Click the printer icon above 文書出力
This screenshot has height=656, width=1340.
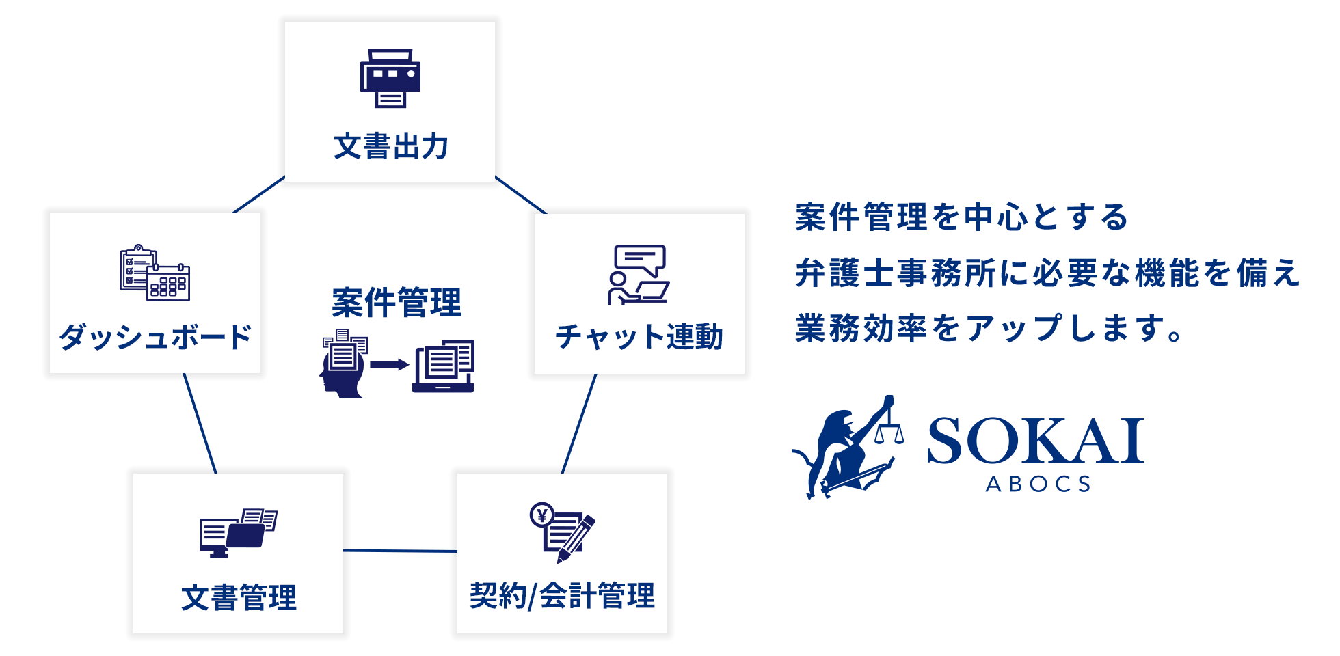tap(390, 78)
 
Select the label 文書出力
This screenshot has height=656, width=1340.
tap(390, 147)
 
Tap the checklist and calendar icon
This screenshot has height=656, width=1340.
tap(155, 273)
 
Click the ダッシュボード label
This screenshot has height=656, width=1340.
tap(155, 337)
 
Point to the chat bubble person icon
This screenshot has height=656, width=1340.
tap(638, 275)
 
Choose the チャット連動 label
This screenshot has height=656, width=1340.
tap(639, 336)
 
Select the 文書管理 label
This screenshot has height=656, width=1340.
tap(239, 597)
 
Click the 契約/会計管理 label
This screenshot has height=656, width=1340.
tap(562, 596)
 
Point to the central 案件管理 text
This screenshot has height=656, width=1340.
tap(401, 302)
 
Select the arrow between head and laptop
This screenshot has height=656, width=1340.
tap(390, 365)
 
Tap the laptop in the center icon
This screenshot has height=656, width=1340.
tap(443, 367)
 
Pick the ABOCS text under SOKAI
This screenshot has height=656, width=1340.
tap(1038, 484)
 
